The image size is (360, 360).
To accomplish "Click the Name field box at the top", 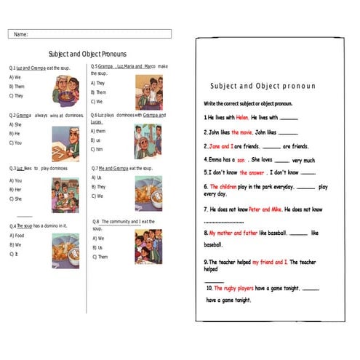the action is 90,33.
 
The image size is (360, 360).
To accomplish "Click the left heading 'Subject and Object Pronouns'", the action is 87,54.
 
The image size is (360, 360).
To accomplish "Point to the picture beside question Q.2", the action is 65,143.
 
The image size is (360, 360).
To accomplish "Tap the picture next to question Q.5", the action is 149,92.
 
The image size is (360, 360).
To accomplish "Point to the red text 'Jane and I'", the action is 222,146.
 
